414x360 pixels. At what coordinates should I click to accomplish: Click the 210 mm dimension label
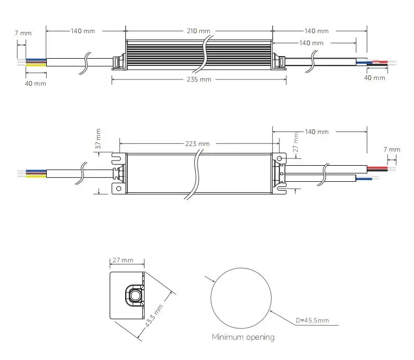[x=198, y=32]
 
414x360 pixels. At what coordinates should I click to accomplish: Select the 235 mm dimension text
[x=198, y=79]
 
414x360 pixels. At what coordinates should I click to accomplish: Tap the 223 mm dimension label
[x=197, y=144]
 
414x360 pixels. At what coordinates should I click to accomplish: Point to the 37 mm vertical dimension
[x=99, y=138]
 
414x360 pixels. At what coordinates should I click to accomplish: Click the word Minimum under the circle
[x=228, y=337]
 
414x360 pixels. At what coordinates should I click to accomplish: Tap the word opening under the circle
[x=260, y=338]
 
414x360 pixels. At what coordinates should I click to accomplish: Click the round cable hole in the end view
[x=136, y=296]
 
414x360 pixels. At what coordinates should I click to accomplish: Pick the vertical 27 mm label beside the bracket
[x=296, y=141]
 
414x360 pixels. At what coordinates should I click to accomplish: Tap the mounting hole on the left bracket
[x=118, y=189]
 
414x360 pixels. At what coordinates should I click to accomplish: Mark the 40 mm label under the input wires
[x=35, y=84]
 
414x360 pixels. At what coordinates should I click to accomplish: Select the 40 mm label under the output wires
[x=374, y=78]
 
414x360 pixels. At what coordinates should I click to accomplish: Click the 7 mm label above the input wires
[x=23, y=33]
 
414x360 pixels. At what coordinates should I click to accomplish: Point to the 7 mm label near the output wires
[x=392, y=150]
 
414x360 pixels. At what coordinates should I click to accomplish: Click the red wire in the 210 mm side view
[x=383, y=62]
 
